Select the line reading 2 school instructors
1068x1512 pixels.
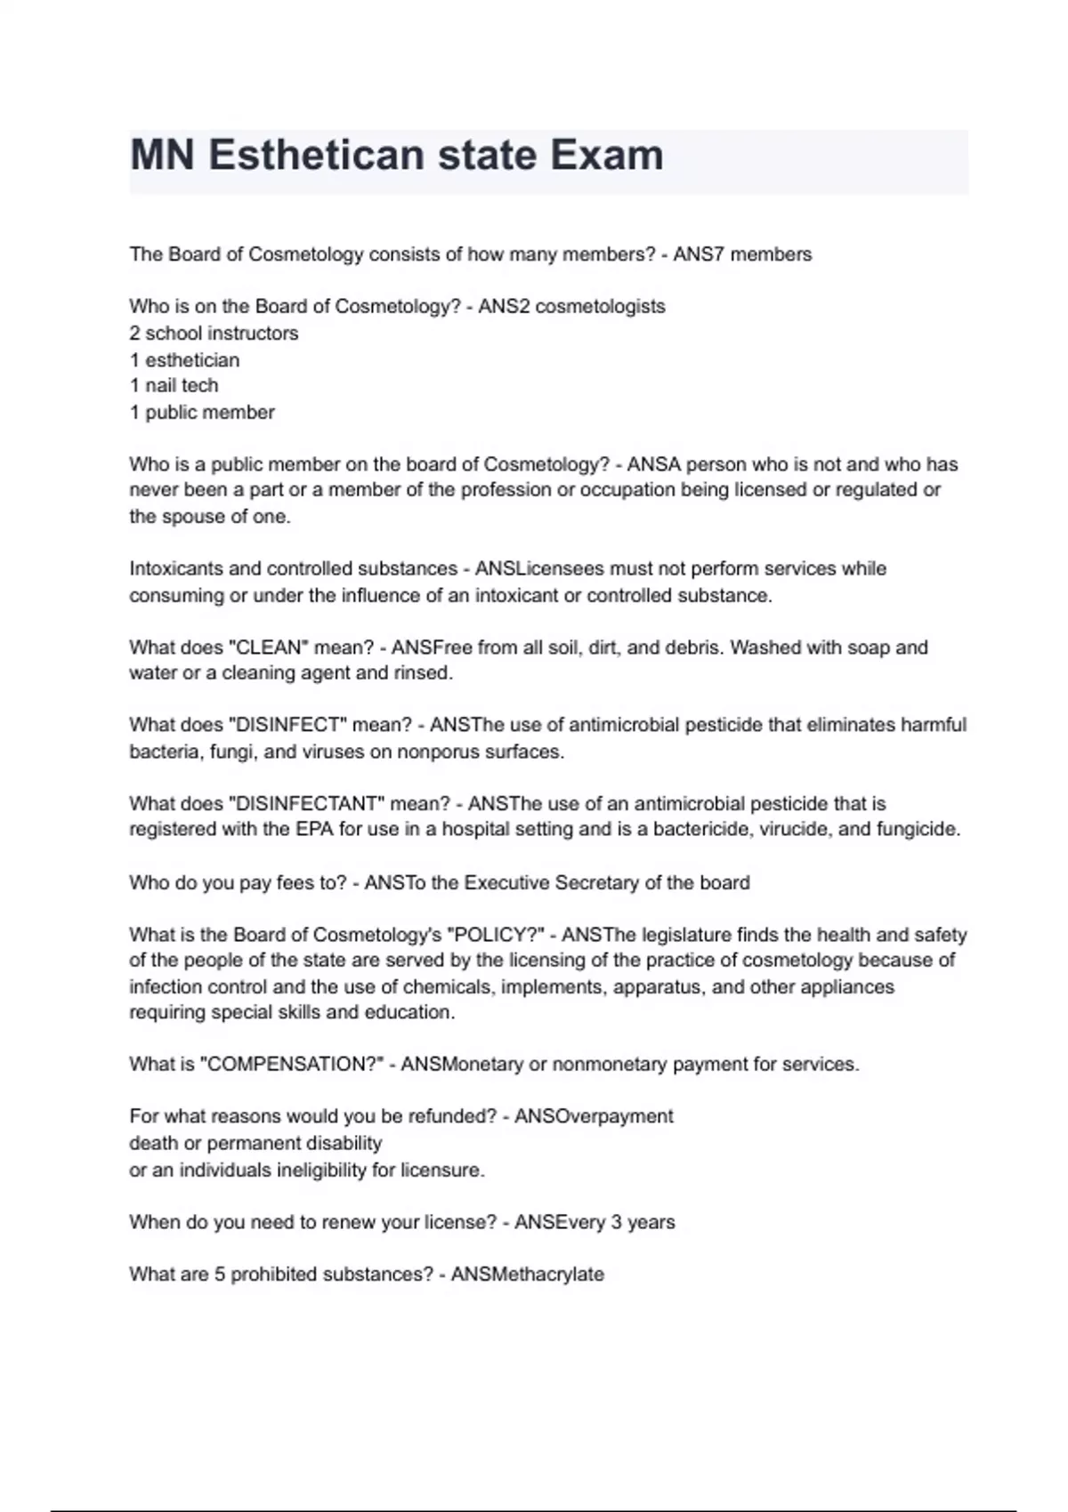(x=214, y=334)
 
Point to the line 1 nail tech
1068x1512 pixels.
(x=174, y=385)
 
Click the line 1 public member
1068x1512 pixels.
(x=202, y=412)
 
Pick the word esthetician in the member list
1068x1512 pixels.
(x=192, y=360)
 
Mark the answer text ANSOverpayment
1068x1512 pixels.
(x=594, y=1116)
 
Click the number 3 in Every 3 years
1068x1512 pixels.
(x=616, y=1222)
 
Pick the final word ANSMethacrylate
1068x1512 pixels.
(x=527, y=1275)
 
